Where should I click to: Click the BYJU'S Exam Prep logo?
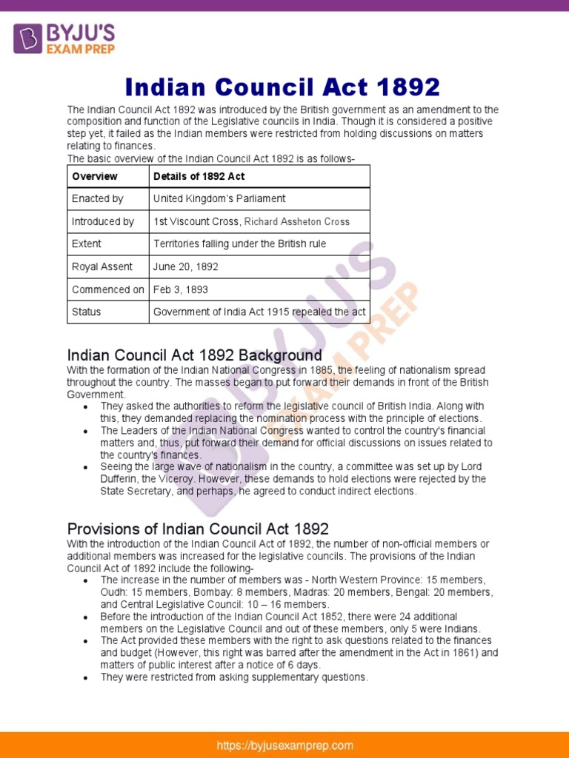point(63,38)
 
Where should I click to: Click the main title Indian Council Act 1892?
point(283,87)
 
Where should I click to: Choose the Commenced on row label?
point(108,289)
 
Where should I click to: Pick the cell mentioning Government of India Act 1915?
point(259,312)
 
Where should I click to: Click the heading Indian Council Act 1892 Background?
point(195,355)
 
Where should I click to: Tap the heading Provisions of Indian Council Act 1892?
point(198,529)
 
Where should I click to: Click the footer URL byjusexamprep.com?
point(284,745)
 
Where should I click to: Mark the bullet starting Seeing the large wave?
point(87,467)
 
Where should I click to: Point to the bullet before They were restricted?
point(87,677)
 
